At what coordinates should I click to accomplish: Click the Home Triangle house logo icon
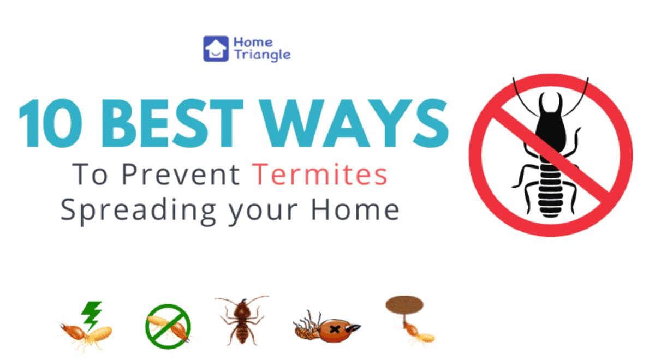point(216,48)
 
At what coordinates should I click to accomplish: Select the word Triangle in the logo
point(261,55)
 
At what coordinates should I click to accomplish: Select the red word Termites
point(320,175)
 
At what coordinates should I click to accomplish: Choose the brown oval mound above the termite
point(405,305)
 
